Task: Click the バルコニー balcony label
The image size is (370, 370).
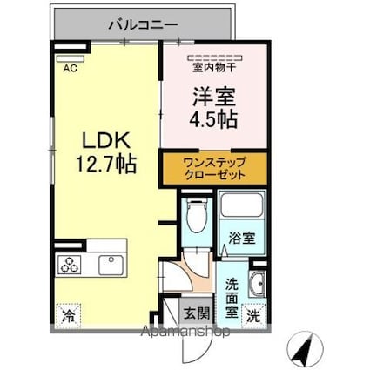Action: pyautogui.click(x=144, y=24)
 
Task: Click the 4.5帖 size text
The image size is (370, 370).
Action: pyautogui.click(x=213, y=118)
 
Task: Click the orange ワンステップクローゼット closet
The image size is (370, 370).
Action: pyautogui.click(x=215, y=168)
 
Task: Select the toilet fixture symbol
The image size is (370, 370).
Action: pyautogui.click(x=196, y=213)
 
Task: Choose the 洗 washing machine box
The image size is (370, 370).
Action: pyautogui.click(x=253, y=315)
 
